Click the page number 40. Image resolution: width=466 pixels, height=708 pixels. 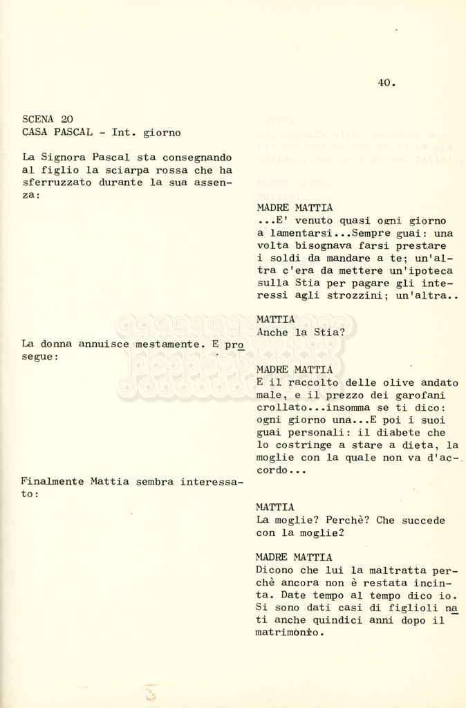point(386,83)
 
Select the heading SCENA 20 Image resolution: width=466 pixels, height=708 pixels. point(48,119)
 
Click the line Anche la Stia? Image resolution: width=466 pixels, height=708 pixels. point(300,332)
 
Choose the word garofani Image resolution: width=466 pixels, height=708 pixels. point(421,395)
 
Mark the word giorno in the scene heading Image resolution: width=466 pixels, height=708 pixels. point(162,131)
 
